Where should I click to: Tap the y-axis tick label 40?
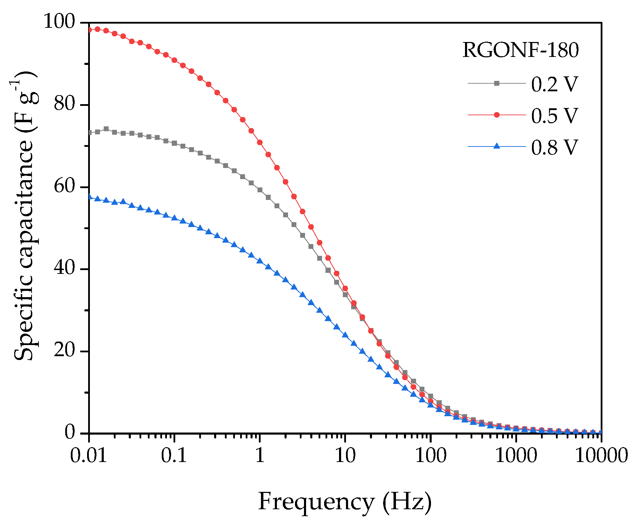pos(65,268)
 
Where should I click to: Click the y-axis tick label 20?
pos(65,351)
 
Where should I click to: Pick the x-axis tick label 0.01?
pos(89,455)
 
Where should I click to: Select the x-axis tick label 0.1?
pos(174,455)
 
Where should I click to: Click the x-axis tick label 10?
pos(345,455)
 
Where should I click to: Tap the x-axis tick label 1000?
pos(516,455)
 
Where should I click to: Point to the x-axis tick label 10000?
pos(601,455)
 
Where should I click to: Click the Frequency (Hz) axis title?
pos(345,502)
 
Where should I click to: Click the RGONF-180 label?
pos(521,50)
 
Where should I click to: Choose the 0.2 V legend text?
pos(554,84)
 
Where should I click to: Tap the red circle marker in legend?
pos(497,115)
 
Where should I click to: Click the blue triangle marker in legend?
pos(497,146)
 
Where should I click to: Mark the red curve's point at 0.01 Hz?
pos(90,30)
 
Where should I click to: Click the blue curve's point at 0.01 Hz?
pos(90,196)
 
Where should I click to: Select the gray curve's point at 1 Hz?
pos(260,190)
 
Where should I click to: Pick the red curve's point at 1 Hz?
pos(260,142)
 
